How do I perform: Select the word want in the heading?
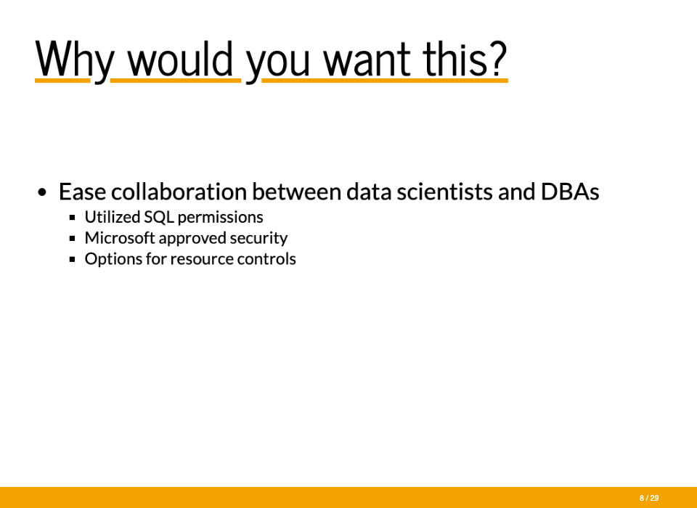[x=367, y=60]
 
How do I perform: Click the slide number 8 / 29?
[x=649, y=499]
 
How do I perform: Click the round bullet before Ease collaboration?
[x=42, y=192]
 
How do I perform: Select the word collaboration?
[x=179, y=192]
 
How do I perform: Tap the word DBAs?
[x=570, y=192]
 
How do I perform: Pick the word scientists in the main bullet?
[x=444, y=192]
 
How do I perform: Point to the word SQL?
[x=159, y=217]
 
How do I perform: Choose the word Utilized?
[x=113, y=217]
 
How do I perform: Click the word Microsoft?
[x=120, y=238]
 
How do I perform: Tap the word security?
[x=258, y=239]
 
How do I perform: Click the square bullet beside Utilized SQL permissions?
[x=73, y=218]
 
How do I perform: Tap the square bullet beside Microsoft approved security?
[x=73, y=239]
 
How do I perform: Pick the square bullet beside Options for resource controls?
[x=73, y=260]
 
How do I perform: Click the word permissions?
[x=220, y=218]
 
